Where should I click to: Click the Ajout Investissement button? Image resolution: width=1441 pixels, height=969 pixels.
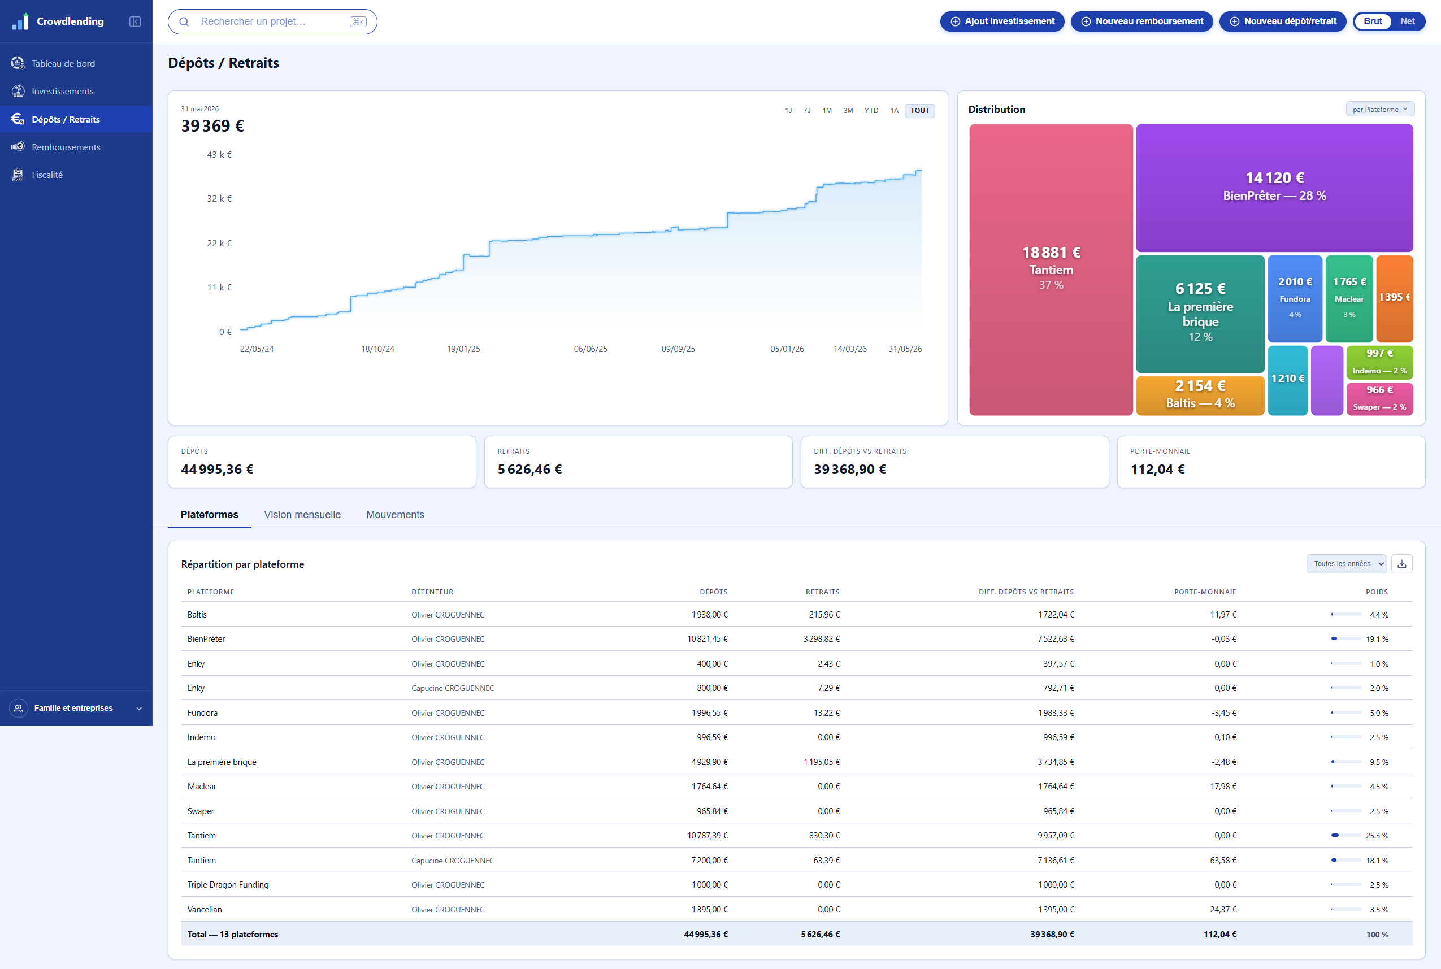(1002, 21)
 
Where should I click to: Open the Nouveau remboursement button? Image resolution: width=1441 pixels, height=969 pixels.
(1141, 21)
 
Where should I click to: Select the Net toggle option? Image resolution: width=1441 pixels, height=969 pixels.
(1407, 21)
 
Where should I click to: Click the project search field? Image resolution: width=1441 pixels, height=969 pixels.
(272, 21)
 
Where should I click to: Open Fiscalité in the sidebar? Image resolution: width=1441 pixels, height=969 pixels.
(47, 175)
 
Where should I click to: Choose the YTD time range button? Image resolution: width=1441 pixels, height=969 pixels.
(871, 111)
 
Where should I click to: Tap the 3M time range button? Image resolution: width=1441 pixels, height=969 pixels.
(848, 111)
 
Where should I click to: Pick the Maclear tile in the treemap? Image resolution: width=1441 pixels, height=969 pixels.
(1349, 298)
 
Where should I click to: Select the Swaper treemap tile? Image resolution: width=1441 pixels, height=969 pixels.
(1379, 398)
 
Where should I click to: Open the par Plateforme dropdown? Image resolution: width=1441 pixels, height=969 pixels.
(1380, 110)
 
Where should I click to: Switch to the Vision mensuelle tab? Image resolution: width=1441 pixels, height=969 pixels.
(302, 514)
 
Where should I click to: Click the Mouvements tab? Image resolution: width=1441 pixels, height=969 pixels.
(395, 514)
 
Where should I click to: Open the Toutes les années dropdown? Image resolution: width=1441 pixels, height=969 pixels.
(1347, 564)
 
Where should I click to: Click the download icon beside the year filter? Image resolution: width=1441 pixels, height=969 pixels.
(1401, 564)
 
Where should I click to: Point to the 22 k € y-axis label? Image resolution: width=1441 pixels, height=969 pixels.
(219, 243)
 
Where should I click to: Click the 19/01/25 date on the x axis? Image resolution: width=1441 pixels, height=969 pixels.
(463, 349)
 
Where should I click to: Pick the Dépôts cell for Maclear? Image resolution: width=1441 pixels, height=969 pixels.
(709, 786)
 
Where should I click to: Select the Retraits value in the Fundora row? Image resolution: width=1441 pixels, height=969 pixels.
(826, 712)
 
